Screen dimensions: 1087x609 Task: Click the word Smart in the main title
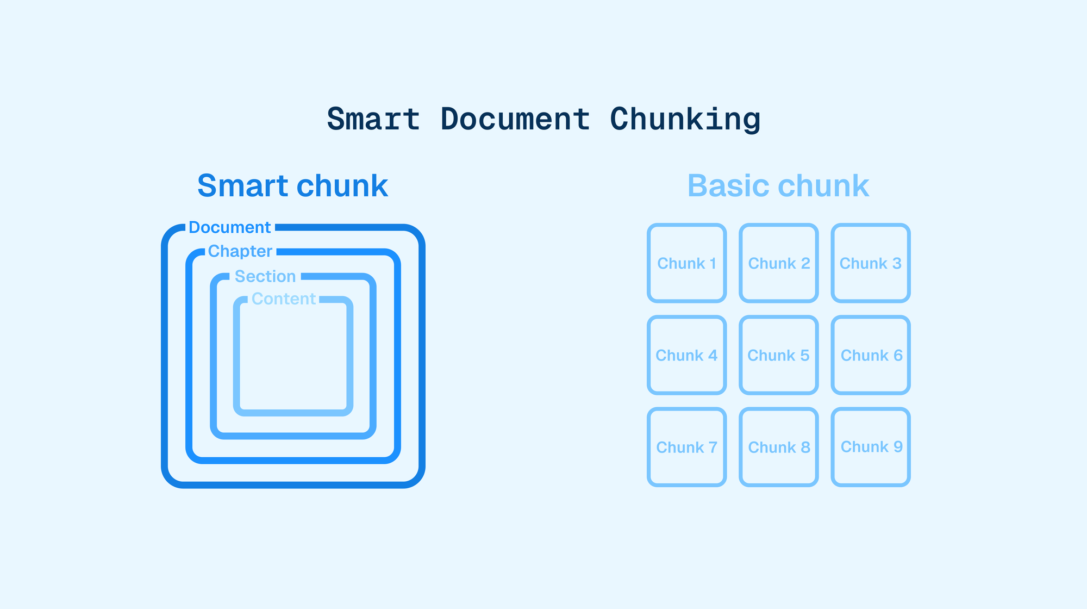[x=373, y=119]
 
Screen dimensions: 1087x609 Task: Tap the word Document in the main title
[x=515, y=119]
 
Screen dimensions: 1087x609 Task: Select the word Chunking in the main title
[x=685, y=119]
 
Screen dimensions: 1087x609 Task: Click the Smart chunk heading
[x=292, y=185]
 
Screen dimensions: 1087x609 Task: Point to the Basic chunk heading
[x=778, y=185]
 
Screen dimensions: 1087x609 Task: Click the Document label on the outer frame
[x=229, y=227]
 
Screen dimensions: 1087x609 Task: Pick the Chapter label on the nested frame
[x=240, y=251]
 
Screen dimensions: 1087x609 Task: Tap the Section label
[x=265, y=276]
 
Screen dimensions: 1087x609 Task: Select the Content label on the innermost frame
[x=284, y=299]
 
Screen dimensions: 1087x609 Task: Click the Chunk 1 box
[x=687, y=263]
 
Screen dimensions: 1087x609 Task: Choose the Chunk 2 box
[x=779, y=263]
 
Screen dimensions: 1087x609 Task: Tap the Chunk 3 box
[x=871, y=263]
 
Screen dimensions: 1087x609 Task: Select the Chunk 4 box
[x=687, y=355]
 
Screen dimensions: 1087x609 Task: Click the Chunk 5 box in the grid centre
[x=779, y=355]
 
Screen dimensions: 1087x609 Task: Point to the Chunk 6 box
[x=871, y=355]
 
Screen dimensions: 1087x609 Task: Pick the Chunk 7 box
[x=687, y=447]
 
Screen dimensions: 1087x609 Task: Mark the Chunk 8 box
[x=779, y=447]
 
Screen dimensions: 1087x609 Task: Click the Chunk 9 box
[x=871, y=447]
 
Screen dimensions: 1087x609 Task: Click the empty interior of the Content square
[x=293, y=359]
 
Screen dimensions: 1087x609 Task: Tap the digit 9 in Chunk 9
[x=898, y=447]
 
